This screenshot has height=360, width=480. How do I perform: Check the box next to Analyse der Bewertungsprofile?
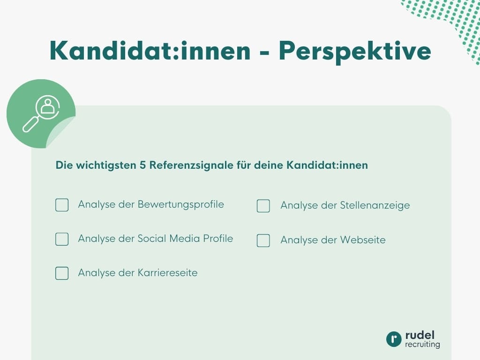(62, 205)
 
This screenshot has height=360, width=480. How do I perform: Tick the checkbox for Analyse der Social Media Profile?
(62, 239)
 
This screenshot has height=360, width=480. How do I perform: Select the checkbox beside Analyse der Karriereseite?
(62, 273)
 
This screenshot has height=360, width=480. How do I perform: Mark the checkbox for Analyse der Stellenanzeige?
(263, 206)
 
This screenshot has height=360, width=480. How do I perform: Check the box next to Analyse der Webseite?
(263, 240)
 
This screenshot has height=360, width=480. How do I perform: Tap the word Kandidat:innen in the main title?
(150, 51)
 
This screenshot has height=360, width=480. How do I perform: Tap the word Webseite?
(363, 240)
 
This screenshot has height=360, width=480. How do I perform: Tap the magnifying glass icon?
(41, 113)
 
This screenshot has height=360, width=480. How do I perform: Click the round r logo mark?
(394, 339)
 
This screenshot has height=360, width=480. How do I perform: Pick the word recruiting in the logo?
(422, 345)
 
